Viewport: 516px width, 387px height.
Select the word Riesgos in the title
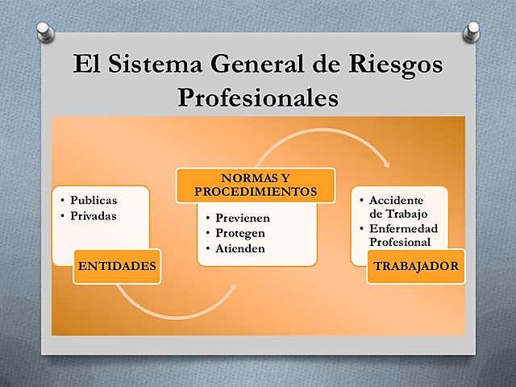click(396, 64)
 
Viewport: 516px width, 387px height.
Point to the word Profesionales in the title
click(257, 98)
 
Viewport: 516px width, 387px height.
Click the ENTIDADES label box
click(116, 266)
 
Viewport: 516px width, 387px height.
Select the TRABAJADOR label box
click(415, 266)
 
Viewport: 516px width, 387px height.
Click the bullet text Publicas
click(94, 200)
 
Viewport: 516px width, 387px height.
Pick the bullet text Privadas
click(94, 215)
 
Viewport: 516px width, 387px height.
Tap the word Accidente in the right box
click(396, 200)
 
